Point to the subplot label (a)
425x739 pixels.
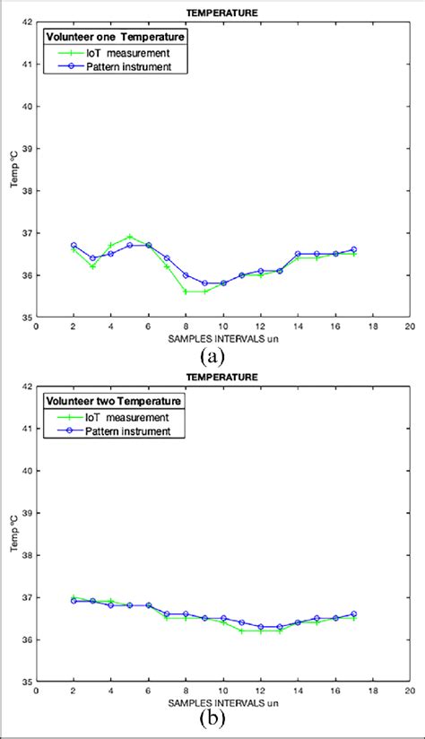(212, 356)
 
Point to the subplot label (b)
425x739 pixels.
(212, 719)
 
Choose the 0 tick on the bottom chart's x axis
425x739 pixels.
(36, 691)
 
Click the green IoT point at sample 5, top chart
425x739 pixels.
(129, 237)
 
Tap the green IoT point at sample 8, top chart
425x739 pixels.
(186, 291)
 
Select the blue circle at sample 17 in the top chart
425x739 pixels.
(353, 249)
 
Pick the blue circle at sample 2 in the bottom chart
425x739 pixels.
(74, 601)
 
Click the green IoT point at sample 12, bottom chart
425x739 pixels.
(260, 630)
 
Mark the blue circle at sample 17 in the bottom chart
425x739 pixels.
(353, 613)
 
